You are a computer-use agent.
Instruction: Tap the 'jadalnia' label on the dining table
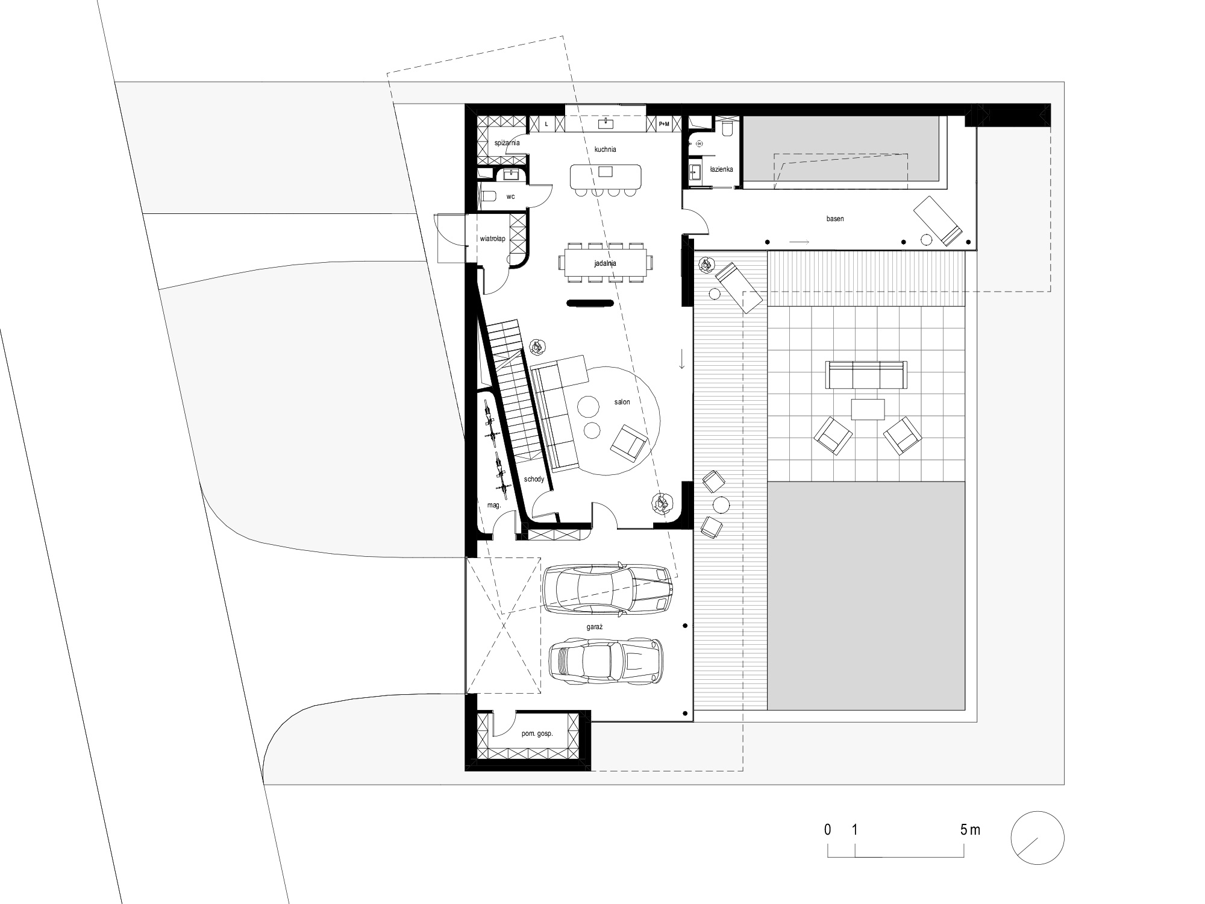(x=604, y=263)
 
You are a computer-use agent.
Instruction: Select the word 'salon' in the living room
(x=622, y=402)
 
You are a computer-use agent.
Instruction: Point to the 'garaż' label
(x=595, y=627)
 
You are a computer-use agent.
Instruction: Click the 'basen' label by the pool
(x=835, y=219)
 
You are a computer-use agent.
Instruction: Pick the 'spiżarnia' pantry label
(x=507, y=143)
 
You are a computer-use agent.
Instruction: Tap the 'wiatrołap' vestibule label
(x=492, y=239)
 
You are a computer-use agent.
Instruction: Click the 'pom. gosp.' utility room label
(x=537, y=734)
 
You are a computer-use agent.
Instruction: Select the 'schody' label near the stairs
(x=534, y=479)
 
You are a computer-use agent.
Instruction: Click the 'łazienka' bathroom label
(x=721, y=169)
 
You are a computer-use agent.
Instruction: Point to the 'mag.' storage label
(x=494, y=506)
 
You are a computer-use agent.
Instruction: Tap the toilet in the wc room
(x=489, y=196)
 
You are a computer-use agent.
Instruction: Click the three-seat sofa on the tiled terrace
(x=866, y=375)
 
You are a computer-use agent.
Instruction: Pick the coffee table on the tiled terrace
(x=868, y=409)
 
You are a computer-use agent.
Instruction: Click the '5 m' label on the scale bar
(x=970, y=830)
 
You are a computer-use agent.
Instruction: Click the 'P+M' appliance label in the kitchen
(x=664, y=124)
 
